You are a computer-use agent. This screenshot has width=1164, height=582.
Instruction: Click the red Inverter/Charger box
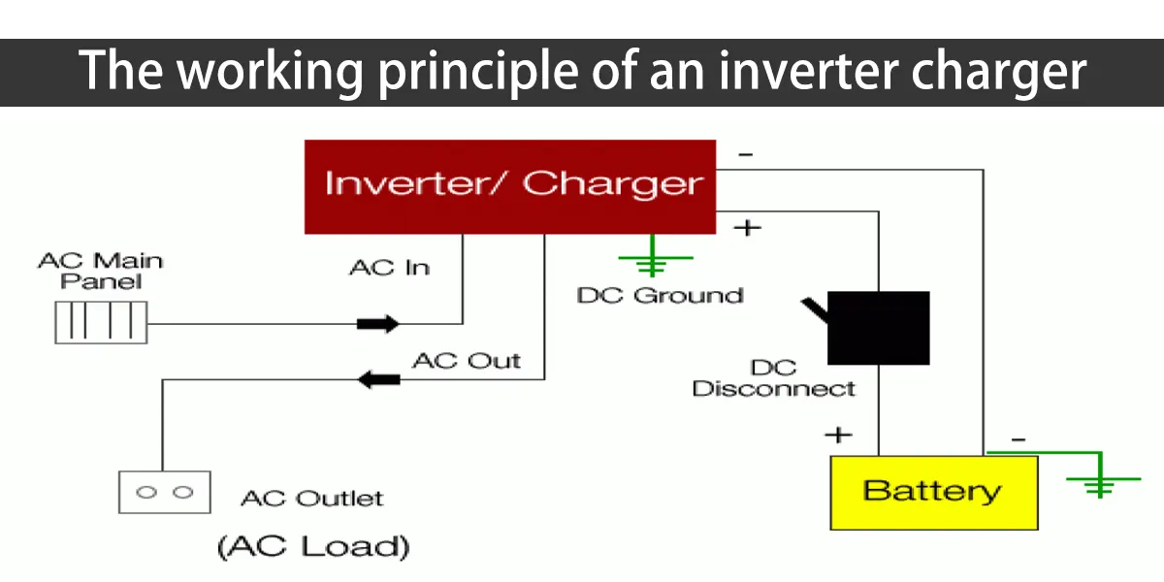[x=510, y=186]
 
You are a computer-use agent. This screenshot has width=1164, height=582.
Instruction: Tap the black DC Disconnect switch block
[x=878, y=328]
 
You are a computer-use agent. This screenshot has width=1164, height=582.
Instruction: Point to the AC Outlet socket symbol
[x=164, y=492]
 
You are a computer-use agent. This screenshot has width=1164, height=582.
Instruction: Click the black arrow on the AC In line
[x=377, y=323]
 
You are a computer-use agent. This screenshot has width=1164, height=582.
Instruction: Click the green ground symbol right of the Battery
[x=1099, y=482]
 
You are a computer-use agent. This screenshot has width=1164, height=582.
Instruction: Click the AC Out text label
[x=467, y=361]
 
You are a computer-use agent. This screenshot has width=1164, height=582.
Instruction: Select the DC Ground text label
[x=660, y=295]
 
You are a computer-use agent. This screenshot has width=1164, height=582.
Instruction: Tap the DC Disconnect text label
[x=774, y=378]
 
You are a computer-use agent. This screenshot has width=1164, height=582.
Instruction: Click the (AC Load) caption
[x=312, y=545]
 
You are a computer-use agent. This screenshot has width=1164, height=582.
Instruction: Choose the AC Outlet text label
[x=311, y=499]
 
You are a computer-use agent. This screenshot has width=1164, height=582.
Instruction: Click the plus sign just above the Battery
[x=838, y=434]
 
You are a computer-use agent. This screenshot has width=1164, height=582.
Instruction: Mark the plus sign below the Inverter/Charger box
[x=746, y=228]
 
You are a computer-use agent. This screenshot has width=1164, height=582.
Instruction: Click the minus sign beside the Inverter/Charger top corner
[x=745, y=153]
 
